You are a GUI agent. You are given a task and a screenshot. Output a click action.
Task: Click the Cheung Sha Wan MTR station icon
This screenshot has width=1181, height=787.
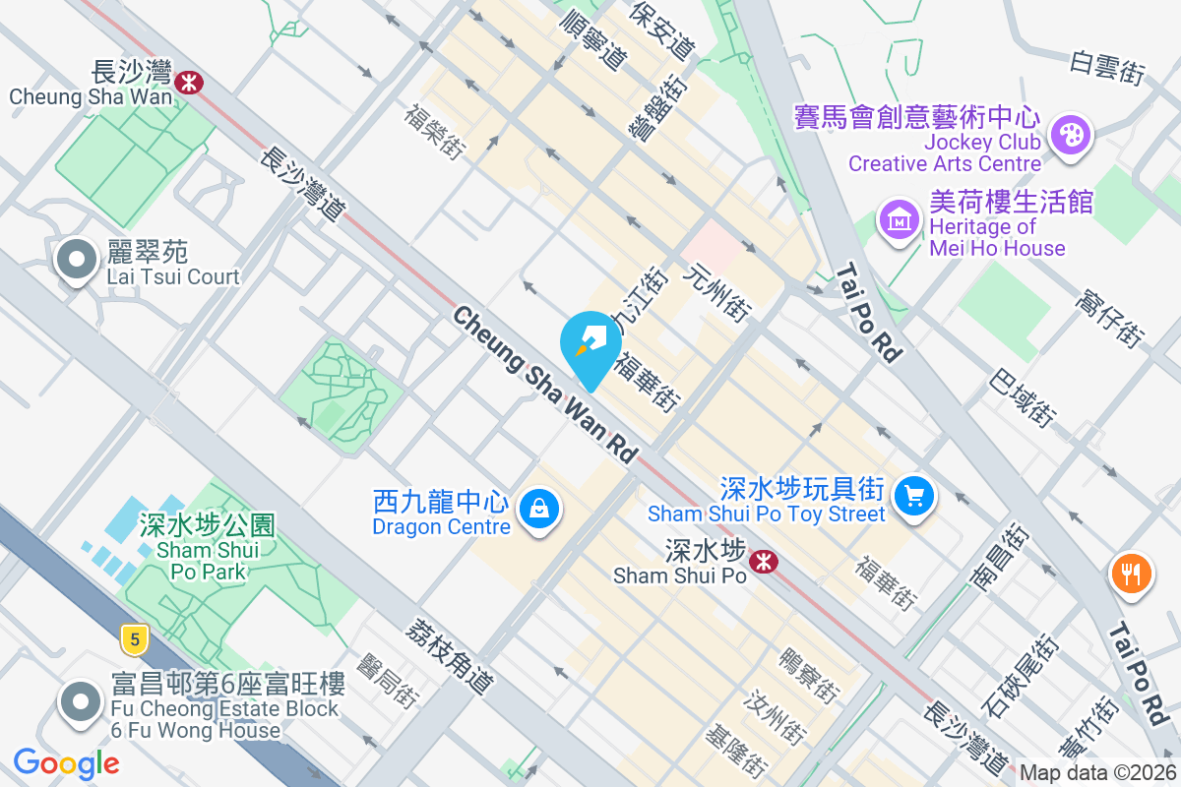pyautogui.click(x=188, y=82)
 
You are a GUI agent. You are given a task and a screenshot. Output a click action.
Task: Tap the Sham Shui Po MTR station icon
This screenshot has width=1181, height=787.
pyautogui.click(x=762, y=562)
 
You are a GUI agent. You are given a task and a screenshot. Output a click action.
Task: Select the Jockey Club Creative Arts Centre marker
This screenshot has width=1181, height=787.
pyautogui.click(x=1069, y=135)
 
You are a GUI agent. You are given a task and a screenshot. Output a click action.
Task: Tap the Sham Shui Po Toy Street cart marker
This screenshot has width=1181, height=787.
pyautogui.click(x=915, y=495)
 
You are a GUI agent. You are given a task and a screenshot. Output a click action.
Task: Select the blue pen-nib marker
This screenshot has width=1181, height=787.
pyautogui.click(x=590, y=344)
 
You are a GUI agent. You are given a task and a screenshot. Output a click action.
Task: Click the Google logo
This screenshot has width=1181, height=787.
pyautogui.click(x=66, y=762)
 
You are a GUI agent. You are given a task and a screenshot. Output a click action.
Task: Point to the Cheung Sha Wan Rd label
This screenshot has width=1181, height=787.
pyautogui.click(x=544, y=385)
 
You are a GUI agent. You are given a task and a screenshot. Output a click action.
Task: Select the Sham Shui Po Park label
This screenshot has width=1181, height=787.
pyautogui.click(x=207, y=548)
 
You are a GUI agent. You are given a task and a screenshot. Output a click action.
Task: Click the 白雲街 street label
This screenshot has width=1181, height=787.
pyautogui.click(x=1108, y=65)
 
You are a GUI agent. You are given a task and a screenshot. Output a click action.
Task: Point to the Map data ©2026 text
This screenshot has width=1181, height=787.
pyautogui.click(x=1097, y=773)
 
